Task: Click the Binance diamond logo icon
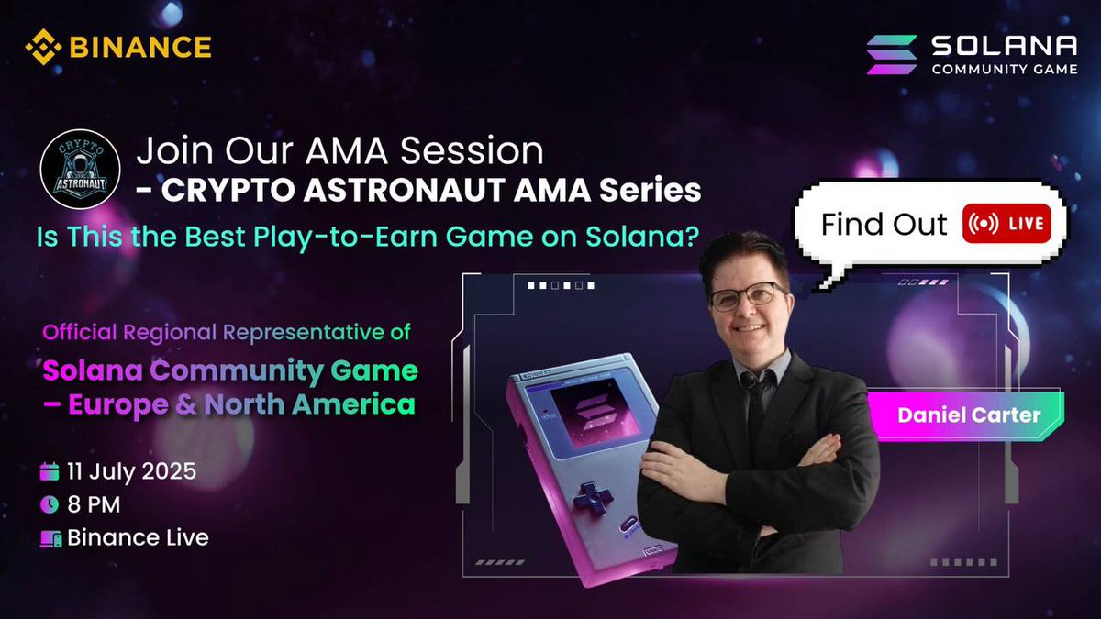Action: [42, 47]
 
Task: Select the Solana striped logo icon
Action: [892, 54]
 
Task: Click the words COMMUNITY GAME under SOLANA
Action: [1005, 69]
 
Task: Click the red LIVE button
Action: [1006, 225]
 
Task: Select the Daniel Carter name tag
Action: [969, 415]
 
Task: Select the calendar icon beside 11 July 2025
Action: [50, 473]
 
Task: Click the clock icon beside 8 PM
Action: [50, 504]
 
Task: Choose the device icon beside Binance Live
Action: [50, 538]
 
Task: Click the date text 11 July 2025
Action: [131, 473]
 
